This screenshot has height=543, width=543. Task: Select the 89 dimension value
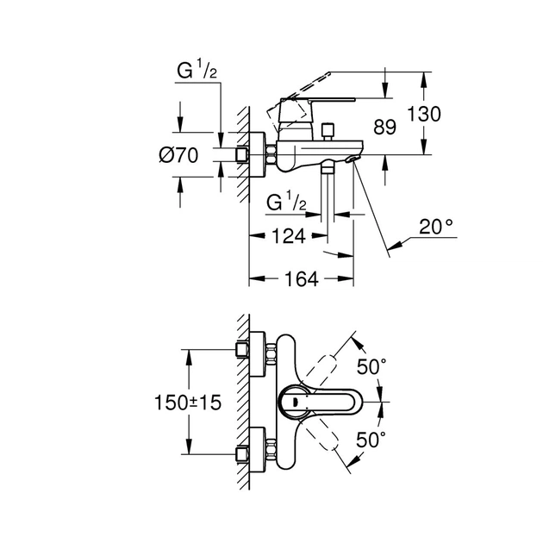point(384,128)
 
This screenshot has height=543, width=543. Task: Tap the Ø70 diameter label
point(178,155)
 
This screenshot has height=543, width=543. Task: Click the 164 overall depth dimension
point(301,278)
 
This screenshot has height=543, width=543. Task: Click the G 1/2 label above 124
point(286,203)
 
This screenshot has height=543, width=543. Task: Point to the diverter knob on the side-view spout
point(328,131)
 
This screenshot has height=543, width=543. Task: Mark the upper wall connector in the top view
point(249,350)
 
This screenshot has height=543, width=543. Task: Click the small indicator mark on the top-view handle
point(294,401)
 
